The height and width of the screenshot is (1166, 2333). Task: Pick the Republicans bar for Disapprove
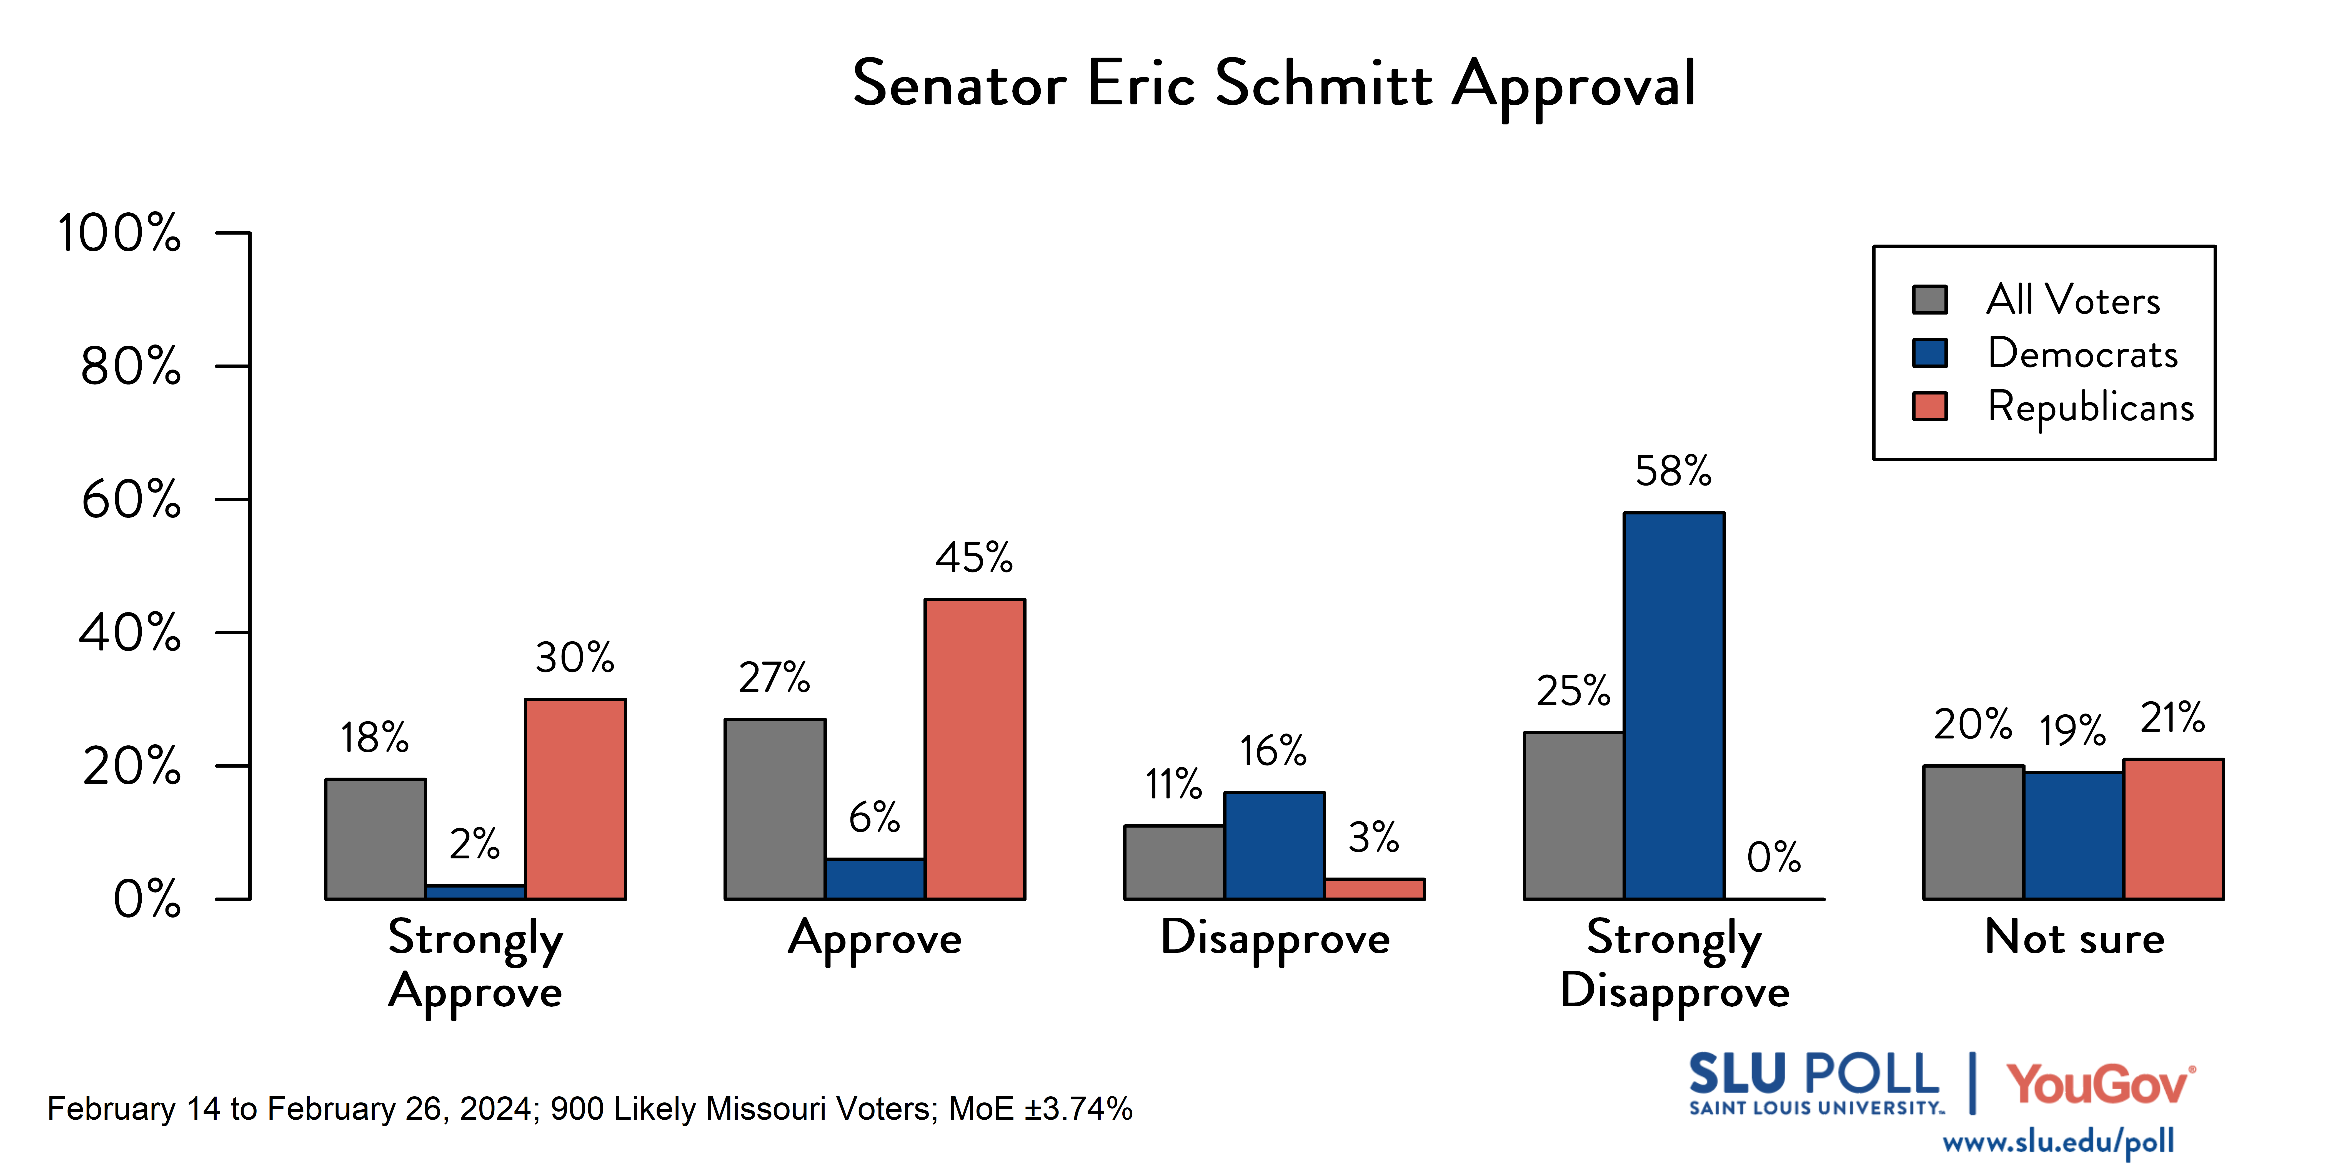(x=1374, y=889)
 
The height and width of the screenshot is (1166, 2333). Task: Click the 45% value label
(x=973, y=558)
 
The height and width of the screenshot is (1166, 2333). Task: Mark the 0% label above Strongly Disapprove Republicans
(x=1773, y=857)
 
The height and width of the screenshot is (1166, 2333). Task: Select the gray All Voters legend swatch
(x=1929, y=300)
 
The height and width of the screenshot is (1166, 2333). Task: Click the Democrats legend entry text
(x=2082, y=353)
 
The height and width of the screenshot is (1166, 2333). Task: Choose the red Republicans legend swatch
(x=1929, y=406)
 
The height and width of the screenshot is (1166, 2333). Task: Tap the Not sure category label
(x=2074, y=938)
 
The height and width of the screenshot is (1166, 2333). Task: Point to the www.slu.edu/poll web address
(x=2058, y=1142)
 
